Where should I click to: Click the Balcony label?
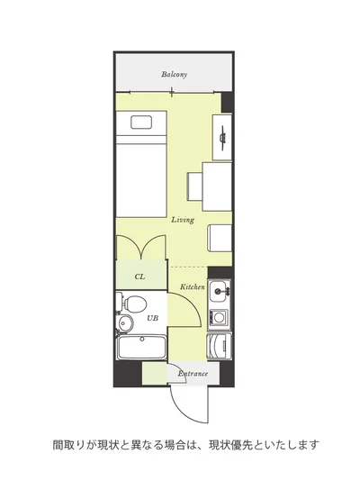[x=174, y=75]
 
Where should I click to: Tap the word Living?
[x=183, y=220]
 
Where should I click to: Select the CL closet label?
[x=139, y=277]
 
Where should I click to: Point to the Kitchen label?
[x=192, y=287]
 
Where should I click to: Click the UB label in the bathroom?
[x=153, y=318]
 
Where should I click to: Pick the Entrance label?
[x=193, y=374]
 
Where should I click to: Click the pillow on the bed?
[x=141, y=123]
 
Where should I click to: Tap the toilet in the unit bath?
[x=131, y=303]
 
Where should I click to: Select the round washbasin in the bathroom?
[x=125, y=323]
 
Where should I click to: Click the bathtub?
[x=142, y=348]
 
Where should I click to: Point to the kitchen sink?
[x=220, y=291]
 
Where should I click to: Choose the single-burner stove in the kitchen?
[x=219, y=317]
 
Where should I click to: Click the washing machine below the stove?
[x=219, y=346]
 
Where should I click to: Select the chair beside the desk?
[x=195, y=186]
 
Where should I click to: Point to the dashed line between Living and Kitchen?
[x=188, y=268]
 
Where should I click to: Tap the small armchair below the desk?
[x=220, y=238]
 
